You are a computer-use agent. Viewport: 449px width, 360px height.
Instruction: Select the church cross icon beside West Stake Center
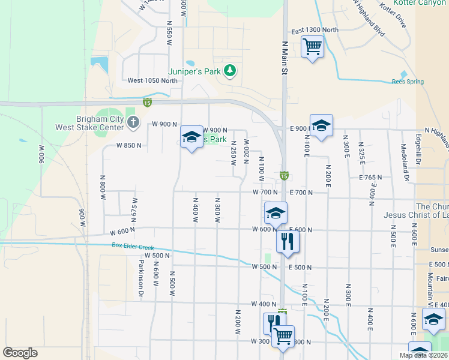coord(133,123)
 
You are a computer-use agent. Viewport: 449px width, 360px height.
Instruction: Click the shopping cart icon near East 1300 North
coord(312,46)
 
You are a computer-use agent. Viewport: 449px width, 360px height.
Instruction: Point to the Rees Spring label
coord(408,82)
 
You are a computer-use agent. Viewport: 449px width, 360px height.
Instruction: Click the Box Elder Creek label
coord(133,247)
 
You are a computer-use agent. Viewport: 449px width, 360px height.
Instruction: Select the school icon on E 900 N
coord(321,125)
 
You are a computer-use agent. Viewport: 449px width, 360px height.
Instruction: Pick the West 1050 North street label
coord(152,80)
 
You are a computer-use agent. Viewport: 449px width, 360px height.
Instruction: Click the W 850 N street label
coord(129,145)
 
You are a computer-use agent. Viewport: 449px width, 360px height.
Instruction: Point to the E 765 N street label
coord(370,178)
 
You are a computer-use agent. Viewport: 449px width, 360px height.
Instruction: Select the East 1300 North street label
coord(315,30)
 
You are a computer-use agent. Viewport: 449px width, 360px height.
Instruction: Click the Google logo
coord(20,353)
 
